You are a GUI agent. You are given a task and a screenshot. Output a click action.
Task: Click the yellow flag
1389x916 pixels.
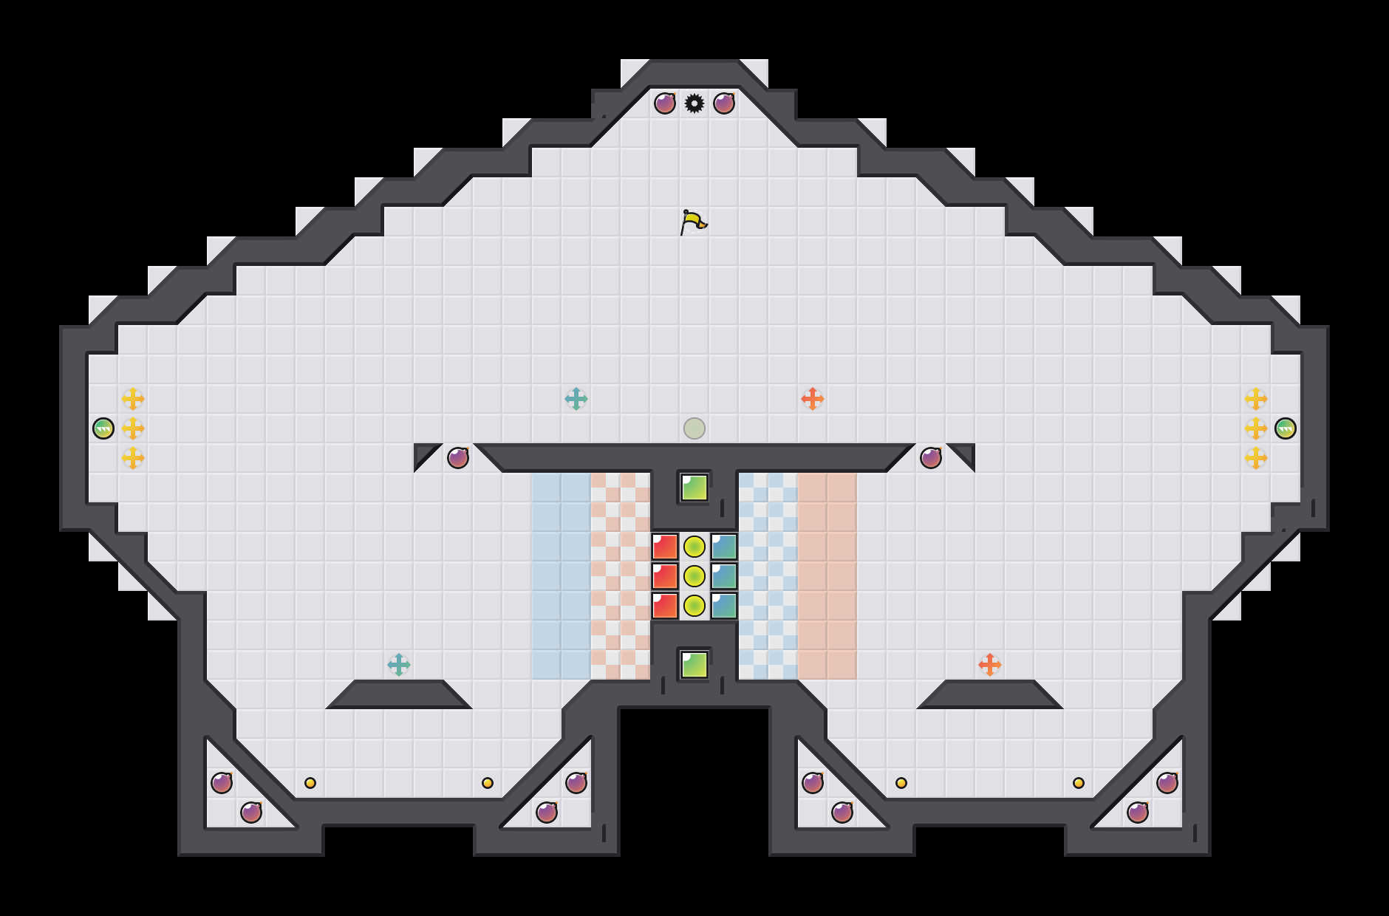693,222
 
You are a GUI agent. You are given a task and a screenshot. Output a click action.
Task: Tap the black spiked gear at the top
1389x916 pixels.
694,103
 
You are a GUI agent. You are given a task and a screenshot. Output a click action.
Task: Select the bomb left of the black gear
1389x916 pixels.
665,103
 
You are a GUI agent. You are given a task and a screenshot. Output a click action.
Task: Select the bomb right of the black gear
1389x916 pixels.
724,103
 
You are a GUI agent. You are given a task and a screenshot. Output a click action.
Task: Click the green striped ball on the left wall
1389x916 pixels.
103,428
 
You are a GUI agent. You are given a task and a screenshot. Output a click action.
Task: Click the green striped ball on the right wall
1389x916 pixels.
1286,428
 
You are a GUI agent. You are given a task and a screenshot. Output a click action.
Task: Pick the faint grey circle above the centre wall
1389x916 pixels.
694,428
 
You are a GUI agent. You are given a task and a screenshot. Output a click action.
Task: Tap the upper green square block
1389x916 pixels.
694,488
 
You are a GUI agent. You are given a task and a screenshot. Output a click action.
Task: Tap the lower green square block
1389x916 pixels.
694,665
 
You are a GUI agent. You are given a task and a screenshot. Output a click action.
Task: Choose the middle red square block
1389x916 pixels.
665,576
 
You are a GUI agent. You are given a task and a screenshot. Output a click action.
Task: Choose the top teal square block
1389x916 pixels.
724,547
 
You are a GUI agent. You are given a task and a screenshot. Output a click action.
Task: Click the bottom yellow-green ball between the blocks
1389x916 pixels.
694,606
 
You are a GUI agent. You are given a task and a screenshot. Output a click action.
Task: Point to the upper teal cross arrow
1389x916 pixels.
576,399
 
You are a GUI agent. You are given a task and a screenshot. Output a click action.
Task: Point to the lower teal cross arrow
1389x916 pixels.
399,665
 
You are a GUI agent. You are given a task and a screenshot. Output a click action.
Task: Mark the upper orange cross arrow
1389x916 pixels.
813,399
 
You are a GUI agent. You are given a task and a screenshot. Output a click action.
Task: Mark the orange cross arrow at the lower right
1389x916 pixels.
990,665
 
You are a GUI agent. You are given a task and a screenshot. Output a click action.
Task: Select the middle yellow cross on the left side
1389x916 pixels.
133,428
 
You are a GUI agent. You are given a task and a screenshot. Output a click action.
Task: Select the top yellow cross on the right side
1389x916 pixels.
1256,399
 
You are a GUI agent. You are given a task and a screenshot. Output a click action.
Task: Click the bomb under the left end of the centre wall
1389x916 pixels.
458,458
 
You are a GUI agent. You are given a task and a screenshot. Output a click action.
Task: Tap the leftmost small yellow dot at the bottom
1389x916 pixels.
310,783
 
